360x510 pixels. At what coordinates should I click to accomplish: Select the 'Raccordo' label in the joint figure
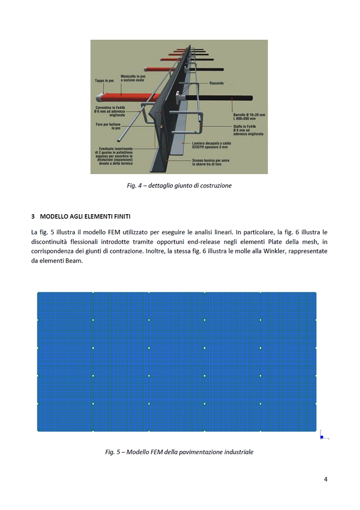pyautogui.click(x=216, y=83)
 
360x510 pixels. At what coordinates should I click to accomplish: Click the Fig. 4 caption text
pyautogui.click(x=179, y=185)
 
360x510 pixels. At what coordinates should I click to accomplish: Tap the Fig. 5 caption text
pyautogui.click(x=179, y=452)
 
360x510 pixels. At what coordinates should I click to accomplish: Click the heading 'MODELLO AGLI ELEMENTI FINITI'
pyautogui.click(x=85, y=217)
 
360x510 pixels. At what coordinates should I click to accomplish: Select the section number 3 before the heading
pyautogui.click(x=33, y=217)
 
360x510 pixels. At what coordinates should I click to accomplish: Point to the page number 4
pyautogui.click(x=325, y=479)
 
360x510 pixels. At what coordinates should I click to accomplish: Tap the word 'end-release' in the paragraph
pyautogui.click(x=214, y=242)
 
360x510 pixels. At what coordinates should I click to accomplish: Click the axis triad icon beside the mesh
pyautogui.click(x=323, y=436)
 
